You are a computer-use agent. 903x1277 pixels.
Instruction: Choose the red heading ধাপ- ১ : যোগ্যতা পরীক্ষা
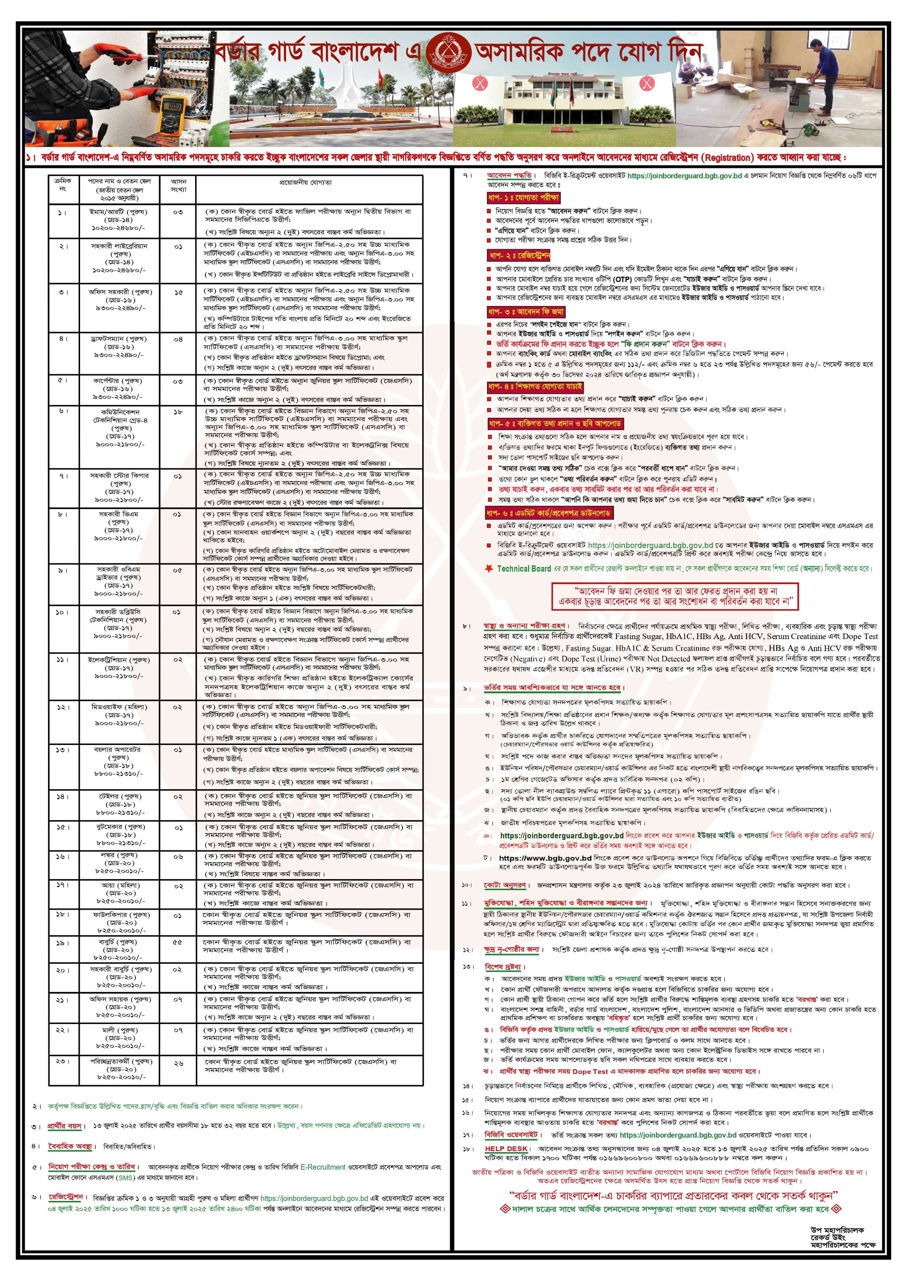point(523,198)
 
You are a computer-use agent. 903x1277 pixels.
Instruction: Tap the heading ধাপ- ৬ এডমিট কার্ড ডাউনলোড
point(548,512)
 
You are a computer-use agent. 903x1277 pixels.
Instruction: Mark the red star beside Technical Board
point(489,568)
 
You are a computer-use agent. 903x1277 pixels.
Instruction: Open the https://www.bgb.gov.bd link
point(545,858)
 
